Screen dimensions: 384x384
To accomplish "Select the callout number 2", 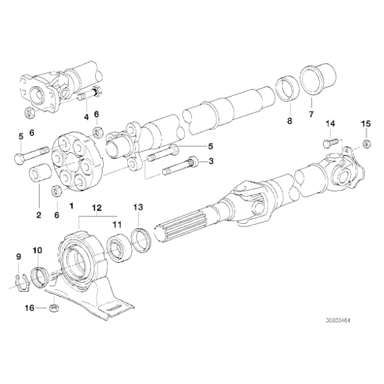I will [38, 215].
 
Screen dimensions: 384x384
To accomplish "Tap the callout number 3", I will [211, 160].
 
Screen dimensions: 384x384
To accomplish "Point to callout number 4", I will [86, 117].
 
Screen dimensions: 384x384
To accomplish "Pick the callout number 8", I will [289, 121].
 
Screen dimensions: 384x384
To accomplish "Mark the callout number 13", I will [138, 207].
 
